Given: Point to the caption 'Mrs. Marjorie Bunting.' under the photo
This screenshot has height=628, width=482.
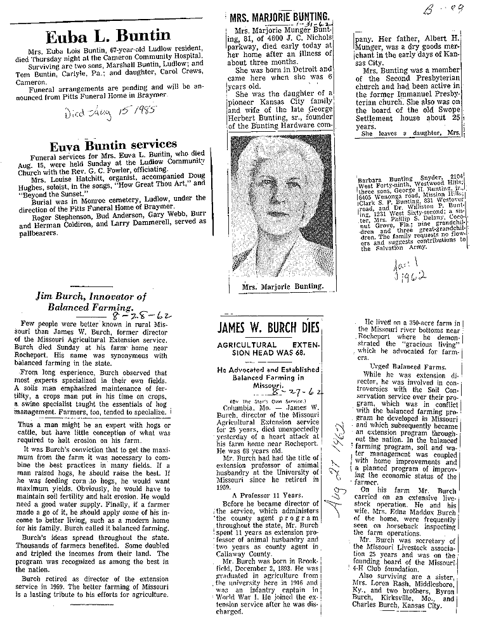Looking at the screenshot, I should (x=282, y=286).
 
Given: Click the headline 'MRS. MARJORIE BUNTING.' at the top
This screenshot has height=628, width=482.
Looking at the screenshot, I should (x=282, y=17).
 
